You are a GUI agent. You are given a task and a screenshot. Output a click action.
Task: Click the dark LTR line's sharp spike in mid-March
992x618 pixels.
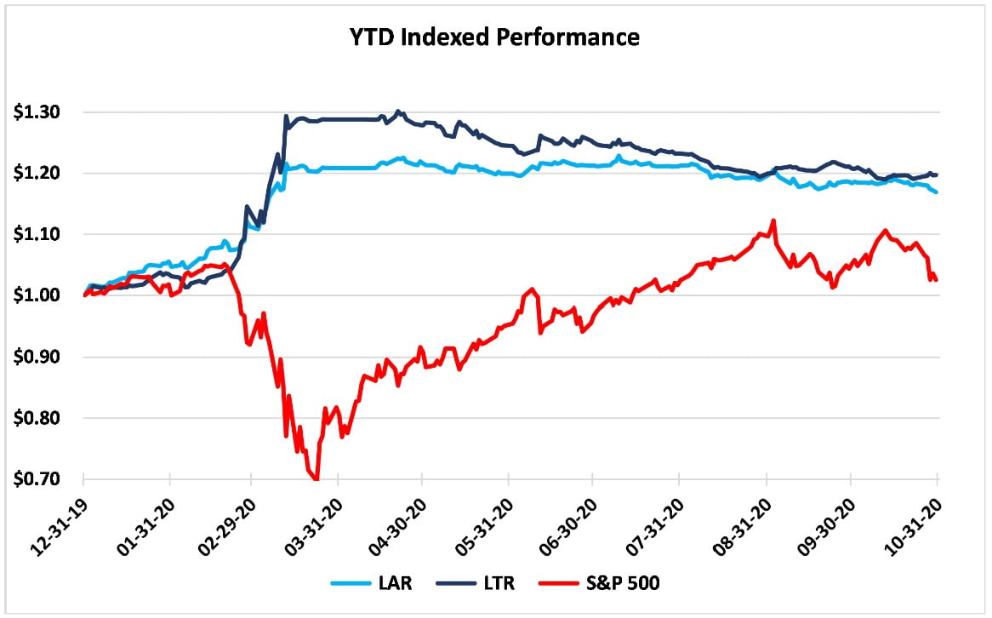click(x=286, y=117)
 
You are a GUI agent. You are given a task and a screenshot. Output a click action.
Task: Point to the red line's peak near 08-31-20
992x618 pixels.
click(x=773, y=220)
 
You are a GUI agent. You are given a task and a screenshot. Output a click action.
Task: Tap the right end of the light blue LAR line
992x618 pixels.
click(x=937, y=192)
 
